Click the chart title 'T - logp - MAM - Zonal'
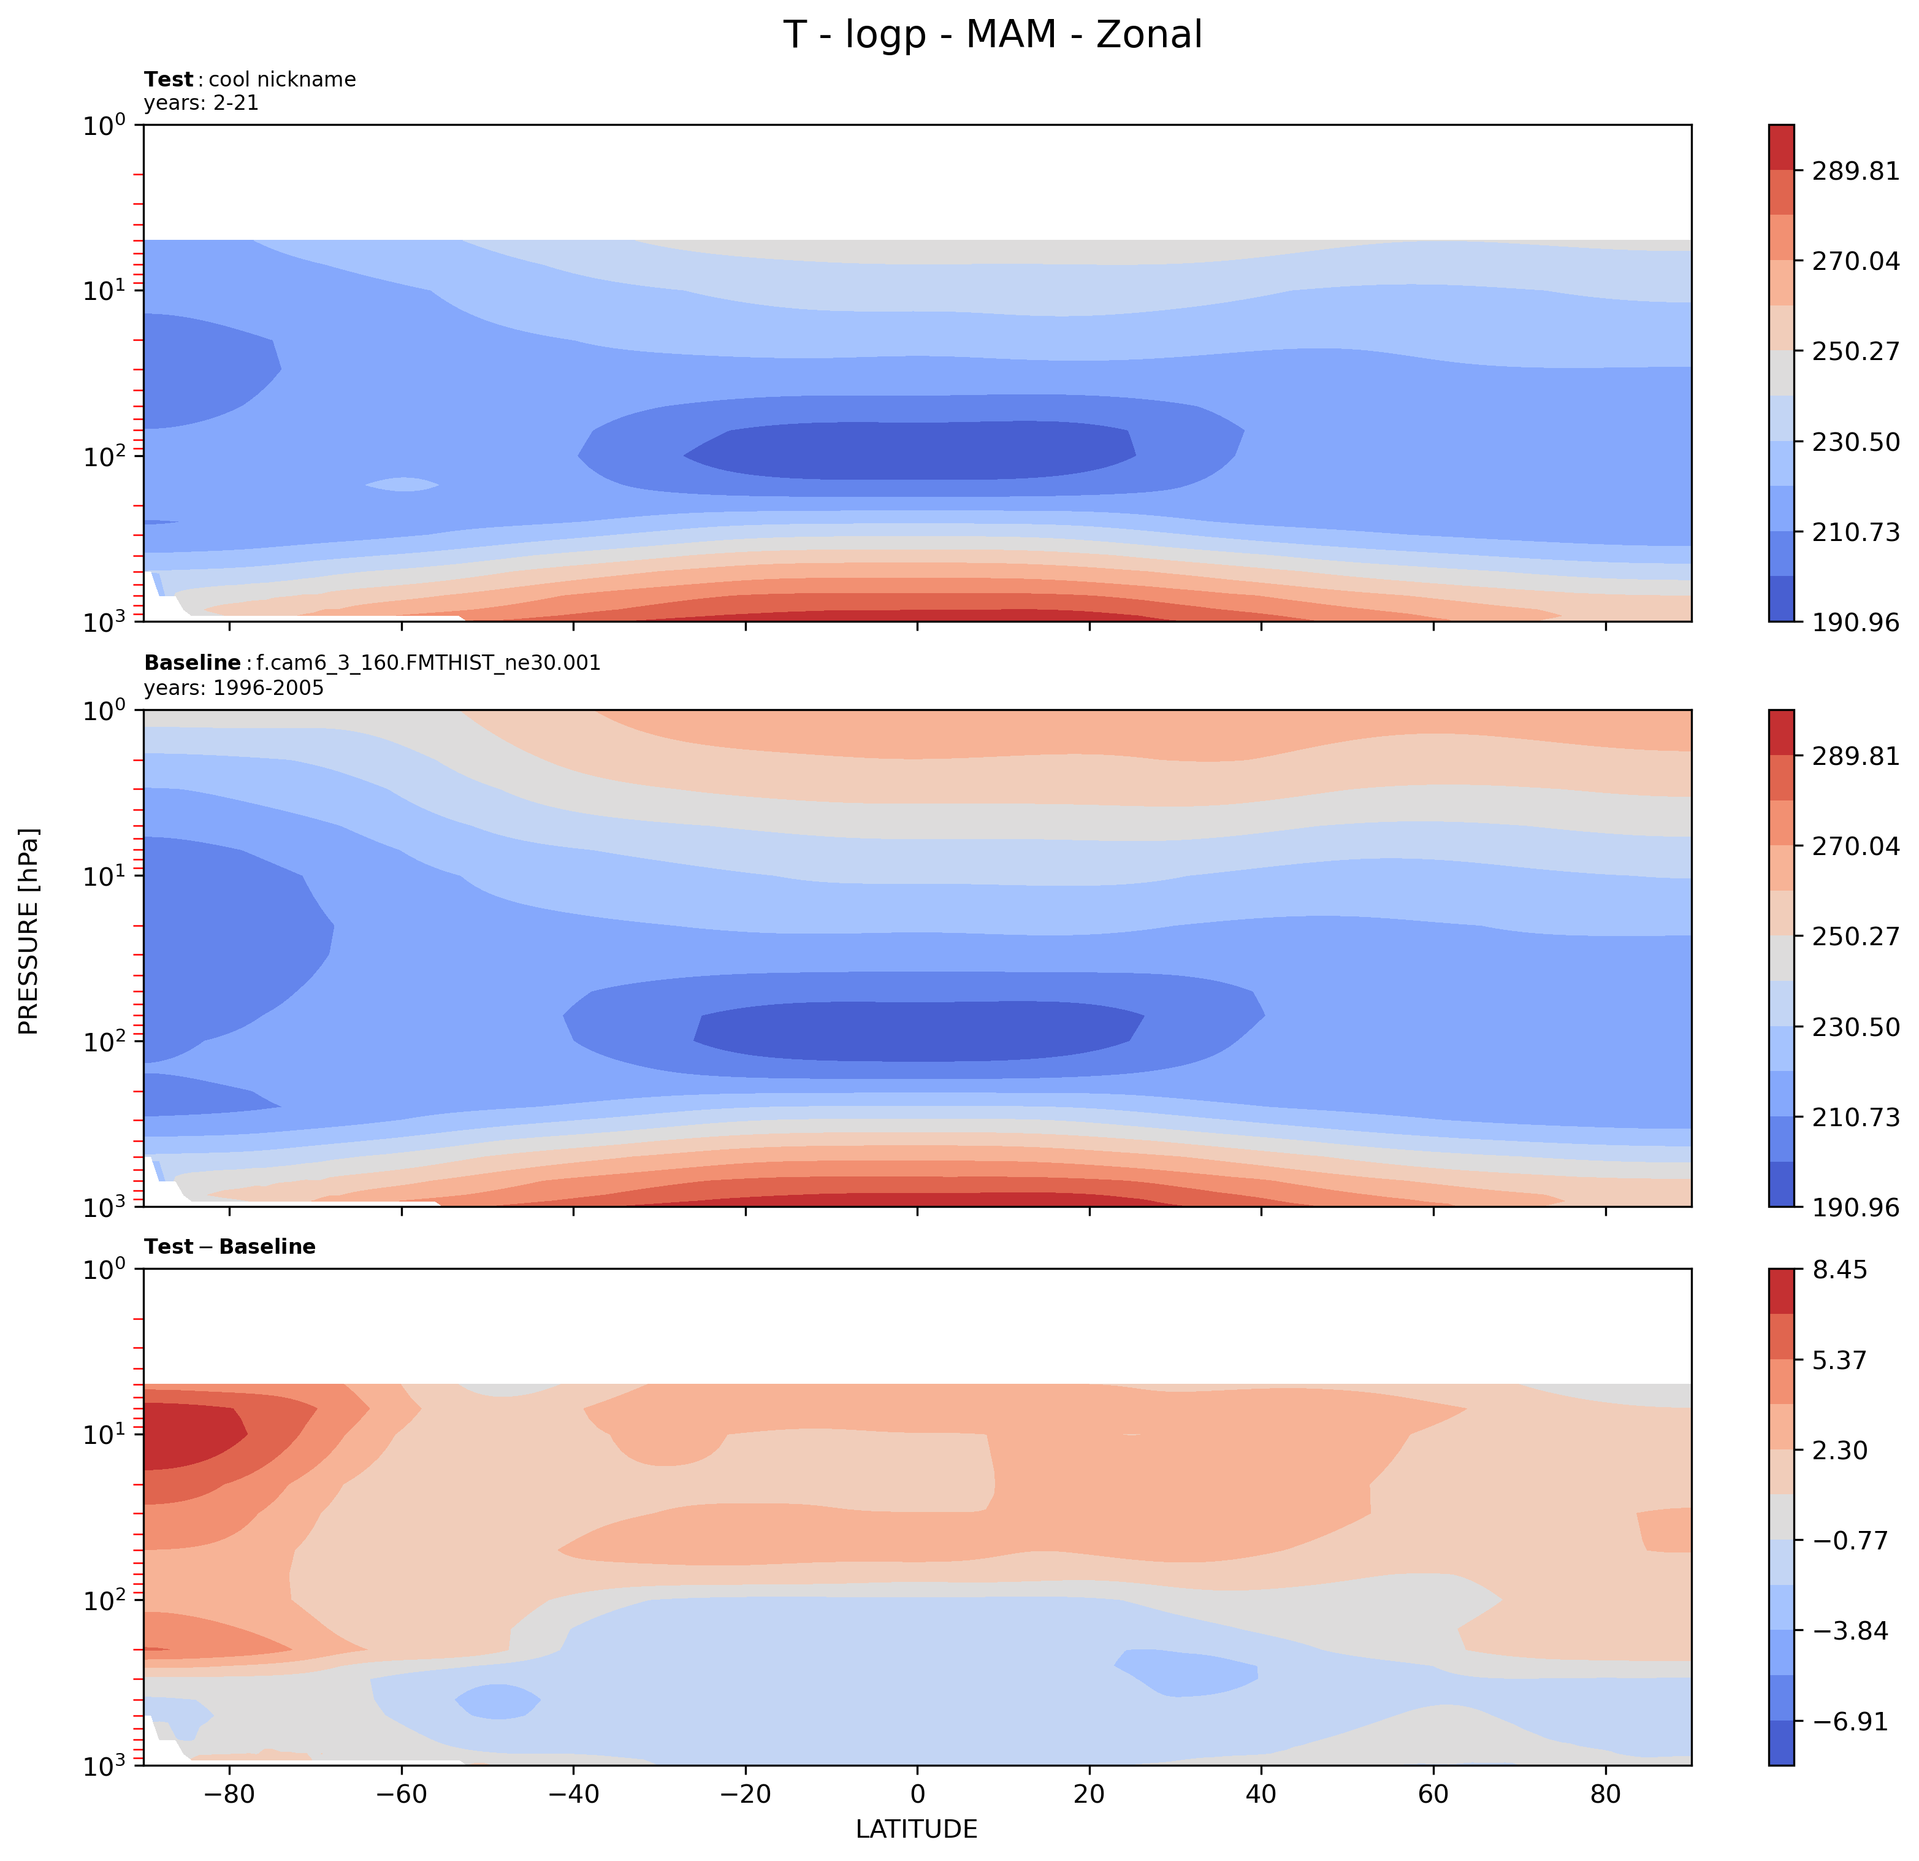(992, 35)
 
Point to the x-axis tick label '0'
(917, 1794)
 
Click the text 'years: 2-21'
(200, 103)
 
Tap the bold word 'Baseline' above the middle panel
(192, 663)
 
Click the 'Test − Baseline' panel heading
(229, 1247)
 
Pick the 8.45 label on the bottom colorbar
(1840, 1270)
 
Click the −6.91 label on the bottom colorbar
(1845, 1722)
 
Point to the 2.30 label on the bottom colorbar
(1840, 1451)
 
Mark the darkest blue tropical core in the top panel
(910, 451)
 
